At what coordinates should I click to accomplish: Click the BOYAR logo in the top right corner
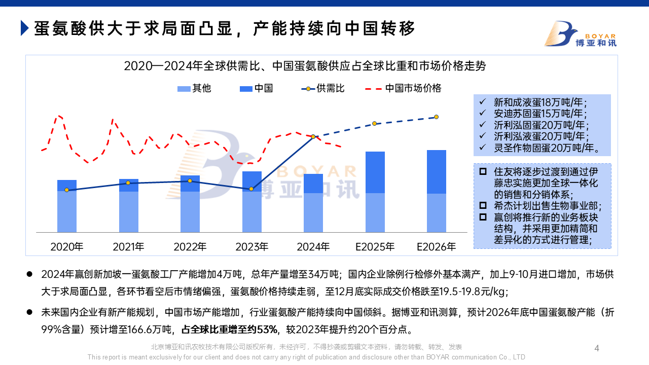point(580,34)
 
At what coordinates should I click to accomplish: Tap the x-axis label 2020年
point(67,247)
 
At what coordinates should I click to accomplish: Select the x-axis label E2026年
point(437,247)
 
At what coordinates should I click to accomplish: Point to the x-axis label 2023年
point(252,247)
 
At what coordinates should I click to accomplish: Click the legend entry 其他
point(194,88)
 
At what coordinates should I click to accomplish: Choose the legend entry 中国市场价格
point(403,88)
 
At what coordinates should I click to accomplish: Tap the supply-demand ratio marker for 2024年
point(313,136)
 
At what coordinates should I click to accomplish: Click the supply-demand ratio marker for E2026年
point(436,117)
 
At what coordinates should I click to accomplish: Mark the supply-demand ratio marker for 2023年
point(251,189)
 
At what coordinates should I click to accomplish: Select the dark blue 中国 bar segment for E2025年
point(375,172)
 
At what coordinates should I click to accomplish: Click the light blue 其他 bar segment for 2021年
point(128,211)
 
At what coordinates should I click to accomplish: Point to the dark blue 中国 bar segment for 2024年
point(313,183)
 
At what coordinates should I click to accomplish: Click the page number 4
point(597,348)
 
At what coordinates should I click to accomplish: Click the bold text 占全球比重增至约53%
point(230,330)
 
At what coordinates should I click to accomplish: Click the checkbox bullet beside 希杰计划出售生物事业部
point(483,206)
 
